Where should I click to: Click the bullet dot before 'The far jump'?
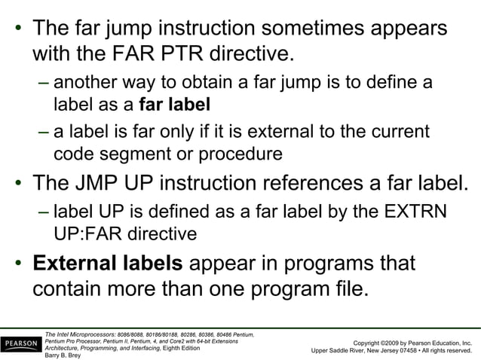(x=16, y=31)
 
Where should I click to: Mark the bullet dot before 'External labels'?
(x=16, y=264)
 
